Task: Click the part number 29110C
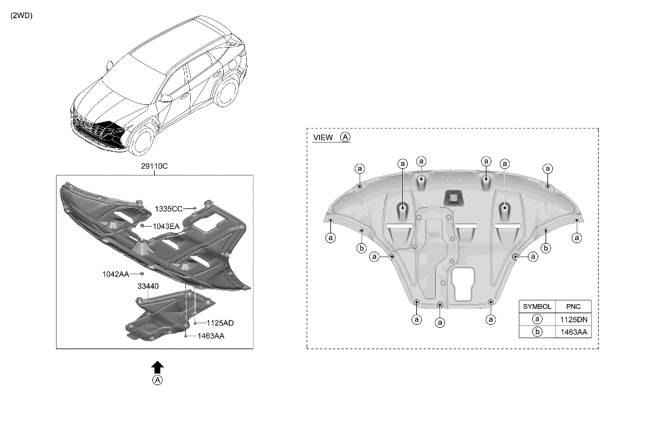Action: [154, 166]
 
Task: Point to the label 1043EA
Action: [166, 226]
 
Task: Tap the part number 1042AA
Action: [116, 274]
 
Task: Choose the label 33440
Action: [148, 285]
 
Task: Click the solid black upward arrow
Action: [157, 366]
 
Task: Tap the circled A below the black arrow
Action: [157, 380]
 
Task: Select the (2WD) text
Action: [21, 16]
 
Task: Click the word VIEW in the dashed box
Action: [323, 138]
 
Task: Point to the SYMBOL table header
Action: [537, 307]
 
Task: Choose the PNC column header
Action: [573, 307]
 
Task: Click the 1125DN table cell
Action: [573, 319]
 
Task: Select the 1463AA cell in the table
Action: [573, 332]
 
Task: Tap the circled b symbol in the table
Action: [537, 332]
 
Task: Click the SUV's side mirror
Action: [166, 97]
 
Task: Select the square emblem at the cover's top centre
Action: [453, 196]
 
